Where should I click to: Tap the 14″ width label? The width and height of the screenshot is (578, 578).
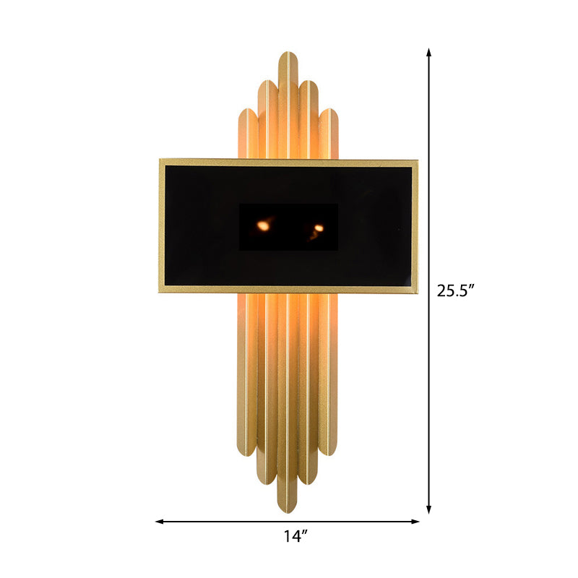295,536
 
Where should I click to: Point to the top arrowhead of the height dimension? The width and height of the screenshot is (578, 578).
429,53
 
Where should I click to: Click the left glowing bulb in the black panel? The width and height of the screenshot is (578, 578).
264,225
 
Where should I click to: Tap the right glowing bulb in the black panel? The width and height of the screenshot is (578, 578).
319,228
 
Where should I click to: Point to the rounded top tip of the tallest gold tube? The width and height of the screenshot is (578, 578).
289,54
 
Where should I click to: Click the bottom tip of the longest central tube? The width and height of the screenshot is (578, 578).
289,510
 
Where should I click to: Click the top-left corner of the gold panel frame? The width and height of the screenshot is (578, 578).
160,160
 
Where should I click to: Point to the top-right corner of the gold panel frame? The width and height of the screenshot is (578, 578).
417,160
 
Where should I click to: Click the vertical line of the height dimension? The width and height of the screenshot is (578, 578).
429,181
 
